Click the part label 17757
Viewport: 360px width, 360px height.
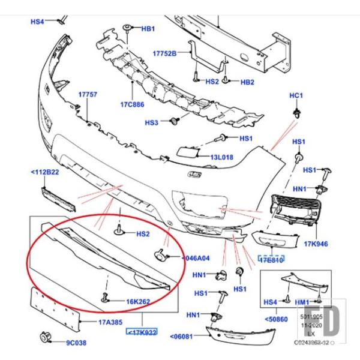click(x=88, y=95)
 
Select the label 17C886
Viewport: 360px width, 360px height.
click(x=132, y=104)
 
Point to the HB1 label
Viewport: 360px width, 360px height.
click(x=148, y=29)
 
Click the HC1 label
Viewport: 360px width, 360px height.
click(x=296, y=95)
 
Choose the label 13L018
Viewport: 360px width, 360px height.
click(x=221, y=157)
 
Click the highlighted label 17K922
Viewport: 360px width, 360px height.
click(x=141, y=331)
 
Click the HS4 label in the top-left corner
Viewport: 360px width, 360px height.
click(x=38, y=22)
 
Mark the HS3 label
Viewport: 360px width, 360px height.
click(x=151, y=122)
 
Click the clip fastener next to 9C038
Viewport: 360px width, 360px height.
click(x=44, y=337)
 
